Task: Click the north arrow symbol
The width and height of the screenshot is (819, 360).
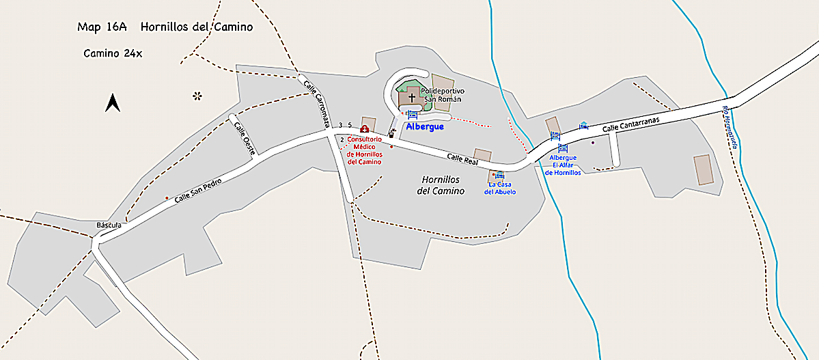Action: (x=113, y=103)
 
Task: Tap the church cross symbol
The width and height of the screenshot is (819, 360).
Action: (x=411, y=98)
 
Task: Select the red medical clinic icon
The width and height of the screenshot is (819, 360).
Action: (x=365, y=129)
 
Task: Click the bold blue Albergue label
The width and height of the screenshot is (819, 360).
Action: (x=425, y=126)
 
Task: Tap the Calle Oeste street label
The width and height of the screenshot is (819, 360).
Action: (x=244, y=139)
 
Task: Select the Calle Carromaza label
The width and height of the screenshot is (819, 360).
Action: (x=317, y=104)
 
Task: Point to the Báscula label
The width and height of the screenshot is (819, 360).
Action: (x=109, y=225)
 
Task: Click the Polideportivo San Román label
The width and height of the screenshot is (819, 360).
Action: (x=443, y=95)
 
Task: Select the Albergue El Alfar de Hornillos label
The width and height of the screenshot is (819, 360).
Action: (x=563, y=165)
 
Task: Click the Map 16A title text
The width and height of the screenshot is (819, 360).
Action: (x=165, y=27)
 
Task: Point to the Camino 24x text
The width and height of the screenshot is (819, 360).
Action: (x=113, y=53)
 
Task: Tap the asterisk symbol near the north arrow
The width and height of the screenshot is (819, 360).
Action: (x=197, y=96)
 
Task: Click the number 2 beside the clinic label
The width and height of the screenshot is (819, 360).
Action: (x=342, y=139)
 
